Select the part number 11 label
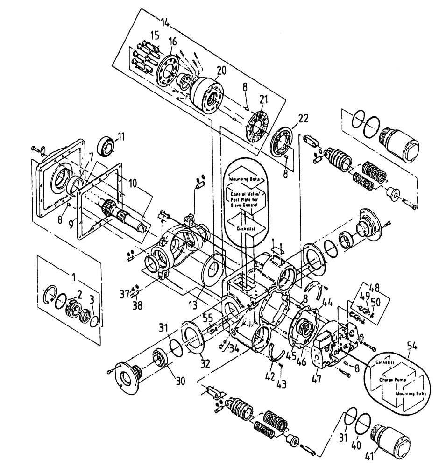121,137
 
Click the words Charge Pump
391,380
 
